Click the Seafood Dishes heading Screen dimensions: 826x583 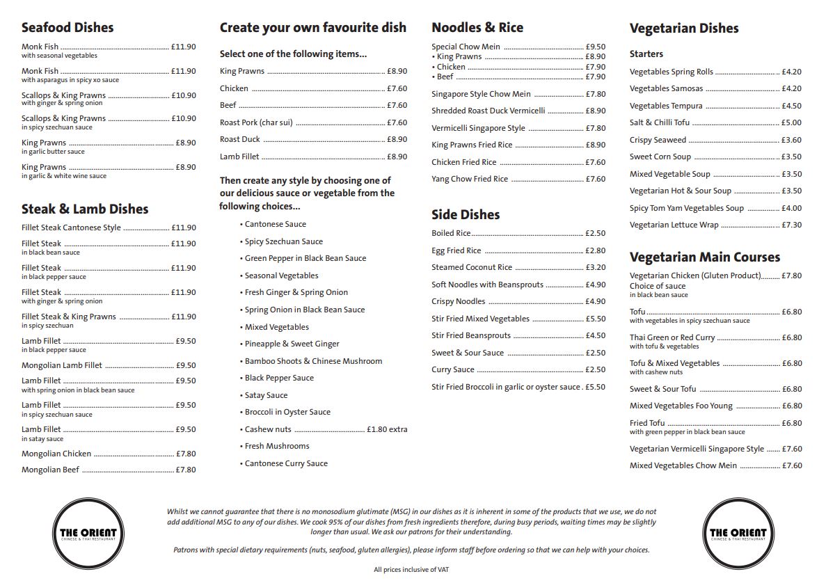pyautogui.click(x=67, y=28)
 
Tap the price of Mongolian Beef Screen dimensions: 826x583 pyautogui.click(x=186, y=470)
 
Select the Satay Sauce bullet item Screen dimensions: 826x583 pyautogui.click(x=266, y=395)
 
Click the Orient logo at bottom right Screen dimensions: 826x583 pyautogui.click(x=738, y=534)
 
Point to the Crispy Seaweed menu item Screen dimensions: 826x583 pyautogui.click(x=658, y=140)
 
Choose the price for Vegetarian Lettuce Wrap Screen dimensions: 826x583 pyautogui.click(x=792, y=225)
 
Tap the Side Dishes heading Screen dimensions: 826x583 pyautogui.click(x=466, y=215)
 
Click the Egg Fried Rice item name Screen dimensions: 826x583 pyautogui.click(x=456, y=250)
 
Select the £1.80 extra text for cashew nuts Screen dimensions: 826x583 pyautogui.click(x=387, y=429)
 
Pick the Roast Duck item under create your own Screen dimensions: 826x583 pyautogui.click(x=240, y=139)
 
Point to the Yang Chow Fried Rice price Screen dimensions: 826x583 pyautogui.click(x=596, y=179)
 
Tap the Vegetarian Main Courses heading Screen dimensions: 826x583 pyautogui.click(x=705, y=257)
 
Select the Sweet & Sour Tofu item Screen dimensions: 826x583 pyautogui.click(x=662, y=389)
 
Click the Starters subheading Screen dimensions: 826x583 pyautogui.click(x=646, y=54)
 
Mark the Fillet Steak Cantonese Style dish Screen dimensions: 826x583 pyautogui.click(x=71, y=227)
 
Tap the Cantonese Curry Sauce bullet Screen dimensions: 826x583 pyautogui.click(x=286, y=463)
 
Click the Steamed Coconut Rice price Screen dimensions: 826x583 pyautogui.click(x=596, y=267)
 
